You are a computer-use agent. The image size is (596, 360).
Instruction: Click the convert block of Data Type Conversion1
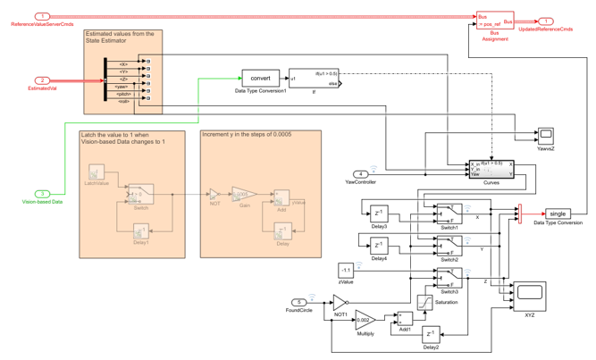click(261, 77)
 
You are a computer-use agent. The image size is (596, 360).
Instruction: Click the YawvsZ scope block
click(545, 135)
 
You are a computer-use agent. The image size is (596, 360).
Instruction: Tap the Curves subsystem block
click(491, 172)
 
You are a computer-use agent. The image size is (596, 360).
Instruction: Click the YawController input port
click(359, 173)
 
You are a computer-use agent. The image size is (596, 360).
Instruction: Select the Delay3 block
click(380, 213)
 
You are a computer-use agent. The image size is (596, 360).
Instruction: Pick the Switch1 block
click(449, 213)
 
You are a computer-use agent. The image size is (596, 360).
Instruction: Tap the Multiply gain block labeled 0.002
click(365, 318)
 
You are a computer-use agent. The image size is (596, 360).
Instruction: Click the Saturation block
click(426, 302)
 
